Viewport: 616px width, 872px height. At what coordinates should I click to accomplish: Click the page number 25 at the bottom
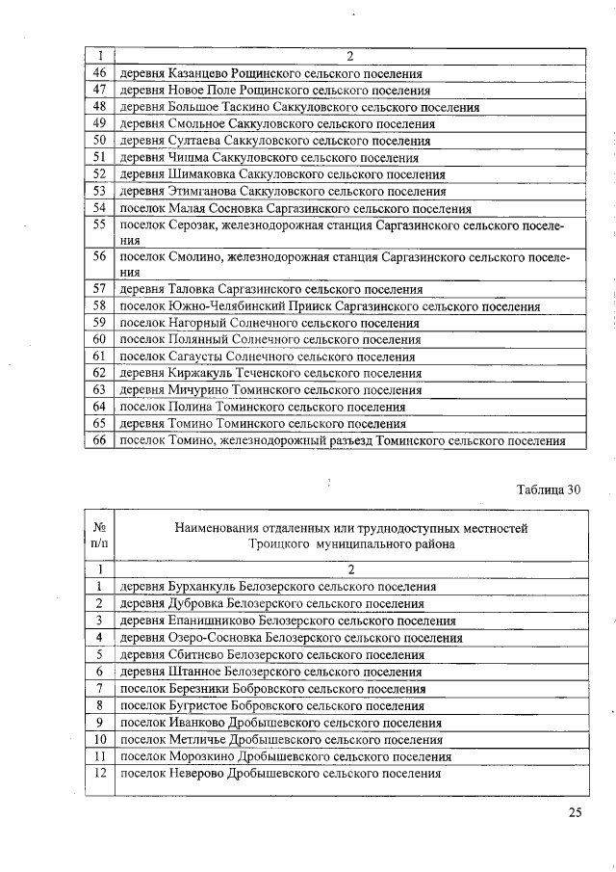click(575, 812)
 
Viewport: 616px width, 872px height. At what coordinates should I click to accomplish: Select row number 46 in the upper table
click(98, 73)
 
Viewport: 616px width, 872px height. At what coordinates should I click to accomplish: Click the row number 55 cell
click(98, 225)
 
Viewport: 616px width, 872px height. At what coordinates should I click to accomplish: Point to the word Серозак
click(192, 225)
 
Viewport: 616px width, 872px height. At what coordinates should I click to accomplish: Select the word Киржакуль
click(199, 373)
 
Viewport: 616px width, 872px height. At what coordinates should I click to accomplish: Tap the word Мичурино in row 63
click(197, 390)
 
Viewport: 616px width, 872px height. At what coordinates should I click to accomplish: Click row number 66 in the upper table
click(98, 440)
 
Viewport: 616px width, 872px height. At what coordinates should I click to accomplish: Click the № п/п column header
click(98, 536)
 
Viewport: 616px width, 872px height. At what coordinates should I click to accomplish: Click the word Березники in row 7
click(199, 688)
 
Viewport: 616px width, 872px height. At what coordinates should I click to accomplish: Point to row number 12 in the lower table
click(98, 774)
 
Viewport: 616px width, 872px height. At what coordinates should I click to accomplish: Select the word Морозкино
click(200, 756)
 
